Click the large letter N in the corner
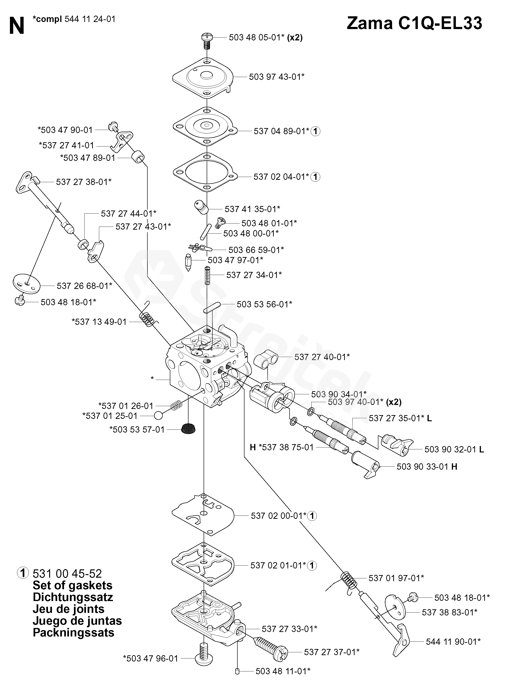click(17, 26)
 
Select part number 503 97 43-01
click(276, 77)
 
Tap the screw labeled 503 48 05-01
click(207, 41)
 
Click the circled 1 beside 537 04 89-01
click(316, 132)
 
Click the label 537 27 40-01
click(322, 357)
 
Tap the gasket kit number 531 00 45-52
click(67, 573)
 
